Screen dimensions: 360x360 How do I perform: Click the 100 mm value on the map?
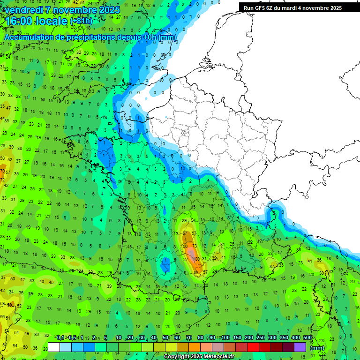(196, 259)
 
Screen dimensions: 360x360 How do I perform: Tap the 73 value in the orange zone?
(195, 246)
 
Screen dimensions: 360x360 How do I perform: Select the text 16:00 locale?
(36, 21)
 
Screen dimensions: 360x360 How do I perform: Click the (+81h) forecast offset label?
(81, 22)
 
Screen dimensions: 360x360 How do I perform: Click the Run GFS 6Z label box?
(292, 8)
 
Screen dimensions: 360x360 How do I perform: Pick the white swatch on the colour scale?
(54, 347)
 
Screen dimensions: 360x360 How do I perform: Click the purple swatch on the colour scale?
(300, 347)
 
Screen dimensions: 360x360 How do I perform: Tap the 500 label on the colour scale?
(307, 338)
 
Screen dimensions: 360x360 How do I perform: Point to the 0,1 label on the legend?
(60, 338)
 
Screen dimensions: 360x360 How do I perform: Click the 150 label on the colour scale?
(237, 338)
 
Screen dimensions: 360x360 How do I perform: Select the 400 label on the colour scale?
(296, 338)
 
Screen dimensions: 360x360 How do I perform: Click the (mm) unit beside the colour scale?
(317, 348)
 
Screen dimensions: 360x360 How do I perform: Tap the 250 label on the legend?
(261, 338)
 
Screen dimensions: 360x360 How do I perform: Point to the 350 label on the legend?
(284, 338)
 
